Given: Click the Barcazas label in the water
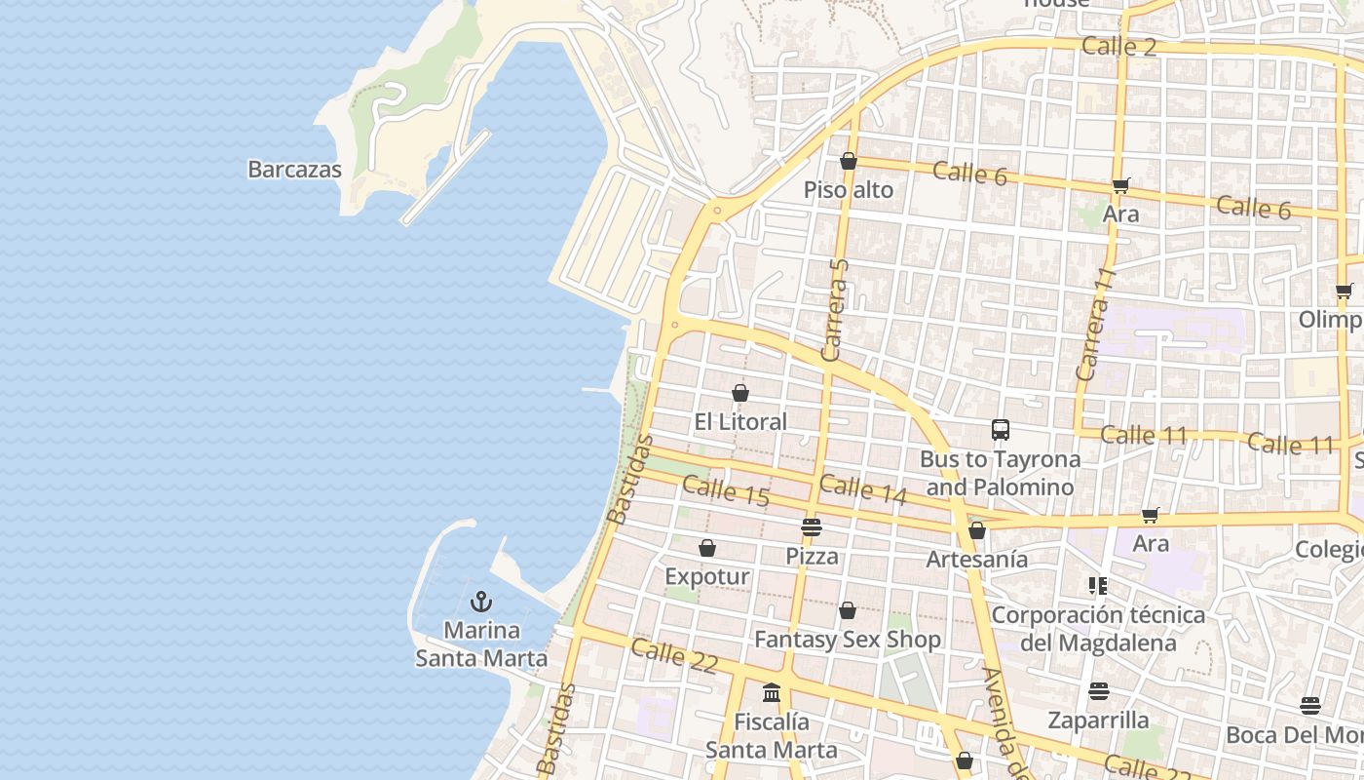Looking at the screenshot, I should [294, 170].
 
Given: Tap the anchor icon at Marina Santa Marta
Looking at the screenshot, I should [481, 602].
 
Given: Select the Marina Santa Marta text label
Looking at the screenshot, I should [481, 644].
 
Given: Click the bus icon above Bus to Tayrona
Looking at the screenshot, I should [1000, 429].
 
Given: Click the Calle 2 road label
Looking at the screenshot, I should [1118, 46].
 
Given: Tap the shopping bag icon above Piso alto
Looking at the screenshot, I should [849, 162].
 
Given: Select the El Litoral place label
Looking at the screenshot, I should [740, 421].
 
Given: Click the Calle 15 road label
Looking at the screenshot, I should [726, 489].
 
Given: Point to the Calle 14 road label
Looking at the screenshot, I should [863, 489].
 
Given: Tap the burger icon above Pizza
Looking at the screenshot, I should [812, 527].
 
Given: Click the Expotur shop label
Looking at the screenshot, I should [707, 576].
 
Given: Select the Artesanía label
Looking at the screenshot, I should [976, 559].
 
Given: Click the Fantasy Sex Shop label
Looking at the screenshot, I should [848, 640].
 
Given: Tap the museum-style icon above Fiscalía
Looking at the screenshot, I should [772, 693].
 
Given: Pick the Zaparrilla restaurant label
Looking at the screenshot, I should [1098, 721].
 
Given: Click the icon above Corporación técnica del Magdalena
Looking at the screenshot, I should [1098, 586].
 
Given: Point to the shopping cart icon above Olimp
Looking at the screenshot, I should [1345, 290].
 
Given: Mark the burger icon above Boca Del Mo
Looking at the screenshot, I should [1310, 706].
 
